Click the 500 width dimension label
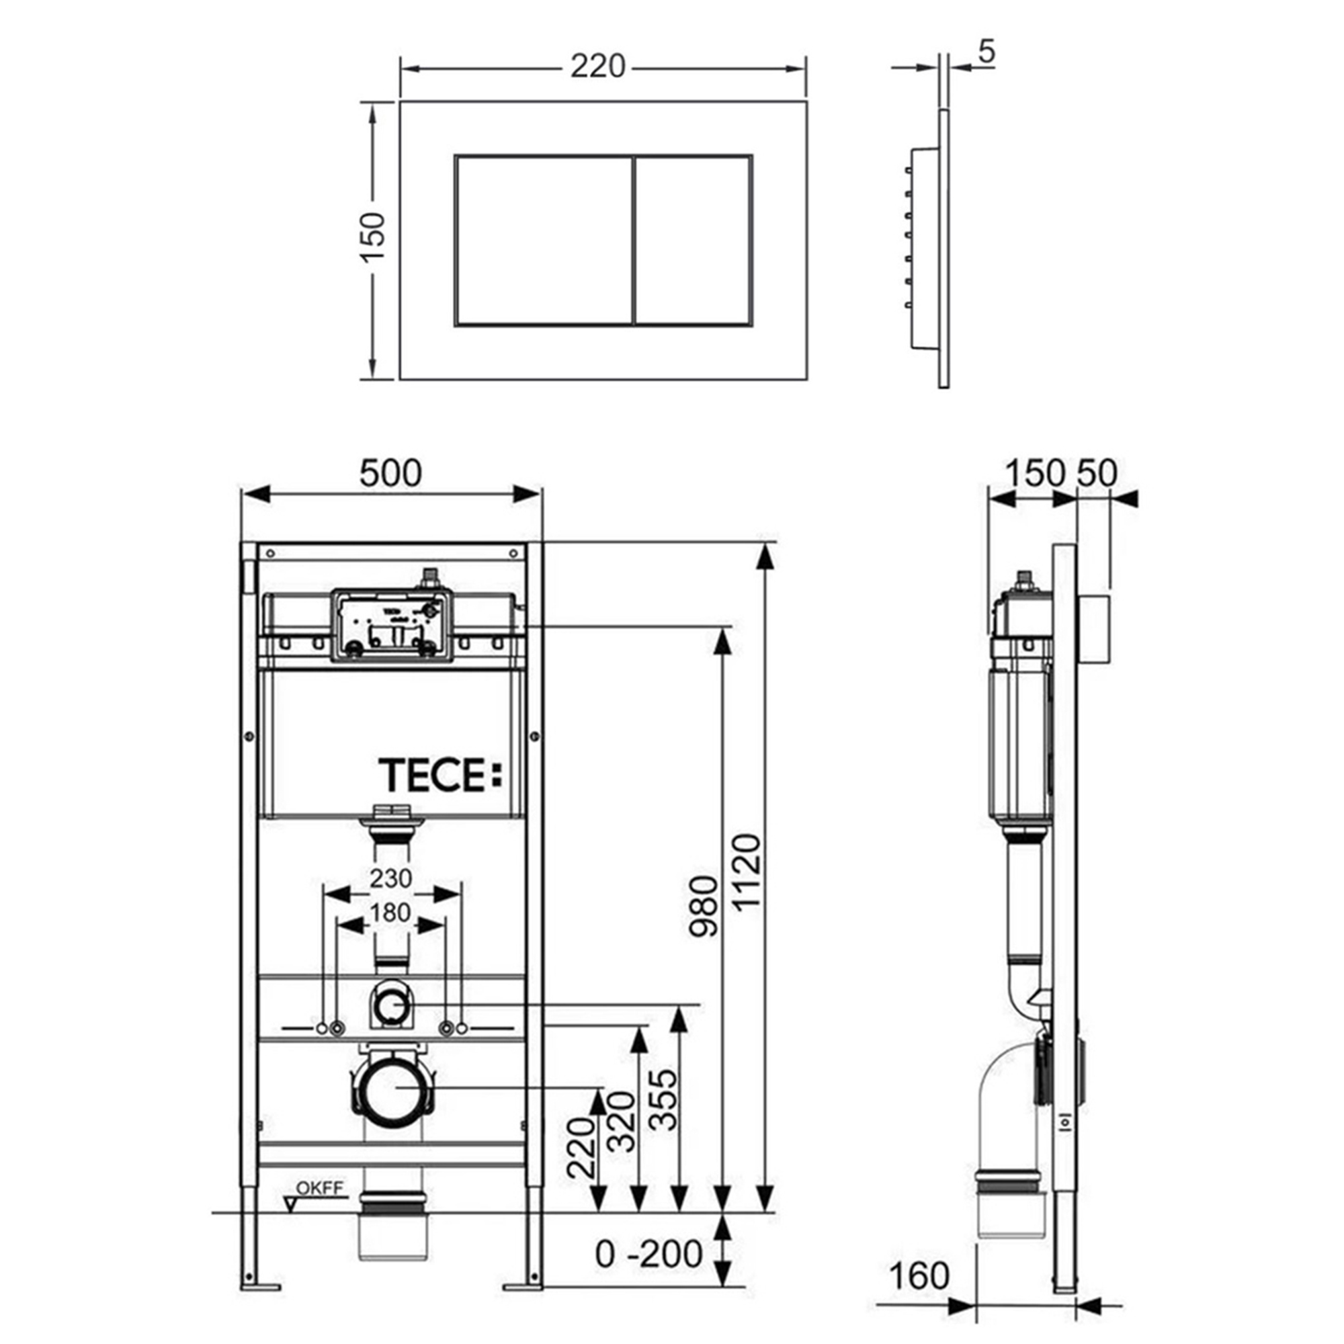[390, 473]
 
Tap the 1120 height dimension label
[748, 872]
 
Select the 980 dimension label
[703, 907]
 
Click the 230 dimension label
[391, 878]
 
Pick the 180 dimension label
[391, 912]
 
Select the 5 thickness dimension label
[986, 53]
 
